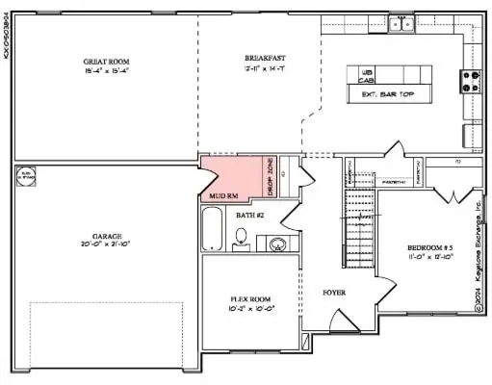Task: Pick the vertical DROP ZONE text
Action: click(x=271, y=178)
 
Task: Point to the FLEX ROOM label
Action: click(x=251, y=299)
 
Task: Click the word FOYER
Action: click(x=333, y=292)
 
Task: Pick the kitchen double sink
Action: click(x=402, y=23)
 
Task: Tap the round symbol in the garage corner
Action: click(x=27, y=177)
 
